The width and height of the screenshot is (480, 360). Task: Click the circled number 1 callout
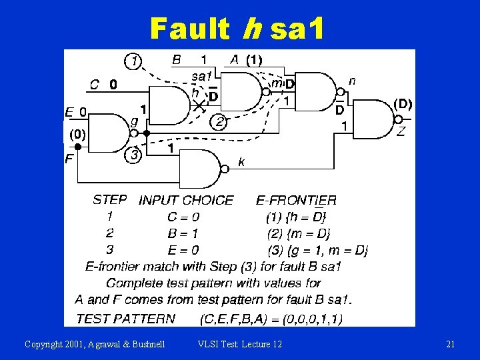click(135, 61)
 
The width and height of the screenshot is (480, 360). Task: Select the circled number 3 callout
click(134, 156)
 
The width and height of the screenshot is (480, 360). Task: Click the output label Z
click(401, 131)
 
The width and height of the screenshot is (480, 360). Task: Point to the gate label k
click(241, 161)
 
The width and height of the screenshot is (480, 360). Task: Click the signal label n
click(352, 80)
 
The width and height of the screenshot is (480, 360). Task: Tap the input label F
click(69, 159)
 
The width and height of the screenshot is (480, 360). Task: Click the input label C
click(95, 85)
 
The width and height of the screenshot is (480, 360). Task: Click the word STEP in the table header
click(110, 199)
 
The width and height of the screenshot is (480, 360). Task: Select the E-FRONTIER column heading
click(296, 200)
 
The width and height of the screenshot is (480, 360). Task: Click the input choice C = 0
click(183, 217)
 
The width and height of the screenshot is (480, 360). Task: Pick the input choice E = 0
click(183, 251)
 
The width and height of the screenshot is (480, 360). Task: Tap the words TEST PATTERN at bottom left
click(126, 319)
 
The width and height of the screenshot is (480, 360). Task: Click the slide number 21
click(450, 344)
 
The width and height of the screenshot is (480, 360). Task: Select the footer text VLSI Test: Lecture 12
click(240, 344)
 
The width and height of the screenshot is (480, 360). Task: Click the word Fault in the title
click(189, 29)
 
